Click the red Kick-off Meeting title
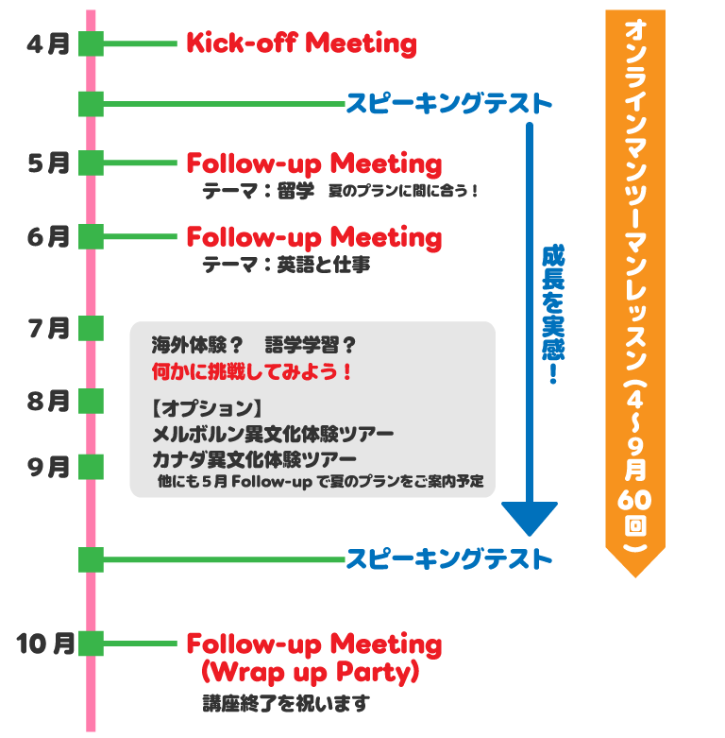[x=300, y=43]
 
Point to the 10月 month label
[x=44, y=643]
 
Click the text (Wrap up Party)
[x=311, y=673]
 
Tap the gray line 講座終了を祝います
[x=285, y=704]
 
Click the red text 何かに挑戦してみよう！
[x=252, y=371]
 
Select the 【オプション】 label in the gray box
[x=206, y=409]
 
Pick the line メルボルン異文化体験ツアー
[x=273, y=435]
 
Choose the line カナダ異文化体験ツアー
[x=254, y=459]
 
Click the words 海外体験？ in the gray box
[x=197, y=345]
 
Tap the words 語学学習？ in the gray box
[x=311, y=345]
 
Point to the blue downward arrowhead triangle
[x=530, y=518]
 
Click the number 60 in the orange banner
[x=634, y=499]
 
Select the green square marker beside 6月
[x=91, y=236]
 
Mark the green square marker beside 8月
[x=91, y=401]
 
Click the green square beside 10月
[x=91, y=643]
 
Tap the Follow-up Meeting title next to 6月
[x=313, y=236]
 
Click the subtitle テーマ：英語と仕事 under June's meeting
[x=285, y=266]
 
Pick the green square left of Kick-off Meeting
[x=91, y=43]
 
